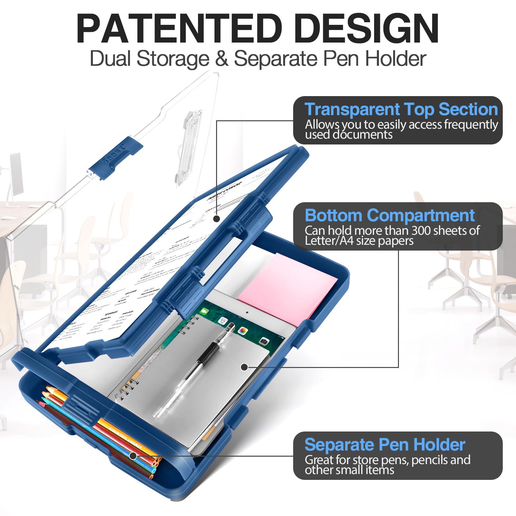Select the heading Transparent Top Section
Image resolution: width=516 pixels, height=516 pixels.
(401, 109)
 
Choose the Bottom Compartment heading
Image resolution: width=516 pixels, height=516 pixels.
(390, 215)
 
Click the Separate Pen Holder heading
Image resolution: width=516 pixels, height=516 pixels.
(385, 444)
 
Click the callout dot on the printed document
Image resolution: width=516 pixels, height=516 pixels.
(217, 219)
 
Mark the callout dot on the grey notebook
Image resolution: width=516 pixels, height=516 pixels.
(244, 367)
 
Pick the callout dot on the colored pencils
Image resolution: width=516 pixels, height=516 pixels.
(133, 456)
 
